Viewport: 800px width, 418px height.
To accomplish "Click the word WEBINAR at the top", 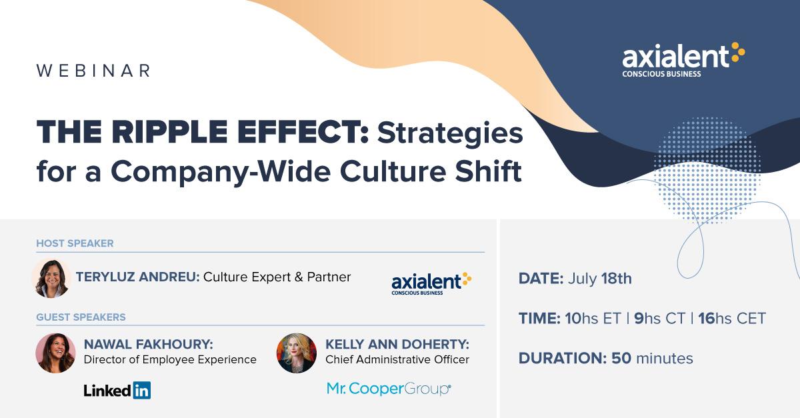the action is [x=93, y=71].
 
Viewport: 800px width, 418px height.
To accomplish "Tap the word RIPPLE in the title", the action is [x=169, y=132].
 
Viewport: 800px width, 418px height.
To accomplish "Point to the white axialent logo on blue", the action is [x=683, y=60].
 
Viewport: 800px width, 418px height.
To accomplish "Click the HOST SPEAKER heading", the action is [x=75, y=243].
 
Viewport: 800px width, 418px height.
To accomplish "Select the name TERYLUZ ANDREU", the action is [x=138, y=277].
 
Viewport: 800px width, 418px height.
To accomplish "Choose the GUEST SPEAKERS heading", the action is [x=81, y=317].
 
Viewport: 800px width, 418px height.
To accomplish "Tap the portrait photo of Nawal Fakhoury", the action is [x=56, y=353].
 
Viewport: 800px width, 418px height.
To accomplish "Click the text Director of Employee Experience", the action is [x=170, y=359].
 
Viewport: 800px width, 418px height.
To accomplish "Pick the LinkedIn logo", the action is [x=117, y=390].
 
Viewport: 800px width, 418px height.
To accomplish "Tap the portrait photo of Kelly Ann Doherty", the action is [x=297, y=353].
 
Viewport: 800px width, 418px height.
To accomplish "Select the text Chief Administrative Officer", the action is [x=397, y=359].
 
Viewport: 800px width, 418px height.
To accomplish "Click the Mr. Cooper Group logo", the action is [x=389, y=389].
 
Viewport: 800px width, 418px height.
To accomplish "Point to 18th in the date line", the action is [x=617, y=279].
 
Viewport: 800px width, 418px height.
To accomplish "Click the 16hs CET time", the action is [x=732, y=318].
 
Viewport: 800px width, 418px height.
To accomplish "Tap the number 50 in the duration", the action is [x=621, y=359].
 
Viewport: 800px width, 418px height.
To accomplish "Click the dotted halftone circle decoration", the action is [x=707, y=171].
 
